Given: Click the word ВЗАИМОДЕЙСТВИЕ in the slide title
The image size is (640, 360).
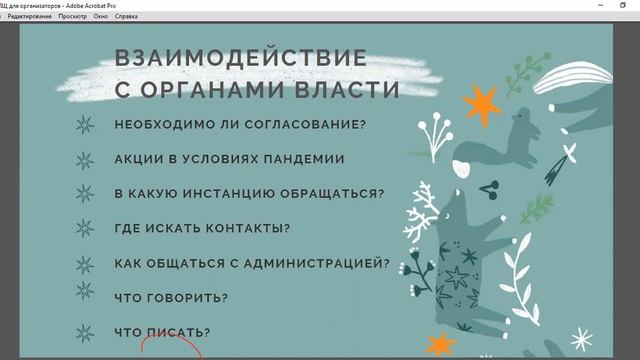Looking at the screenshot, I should click(x=240, y=58).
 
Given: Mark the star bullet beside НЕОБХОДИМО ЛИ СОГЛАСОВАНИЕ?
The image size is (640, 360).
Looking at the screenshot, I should click(x=87, y=125).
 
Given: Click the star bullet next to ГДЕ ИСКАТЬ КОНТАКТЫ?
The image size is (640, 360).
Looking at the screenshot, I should click(x=87, y=228).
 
